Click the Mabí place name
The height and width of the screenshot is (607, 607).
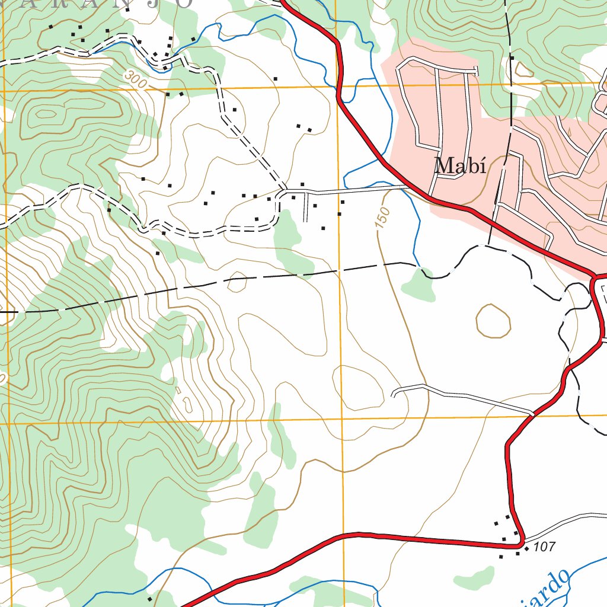(460, 166)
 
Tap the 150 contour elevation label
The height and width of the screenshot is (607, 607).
(384, 217)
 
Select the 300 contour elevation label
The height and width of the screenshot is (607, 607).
(136, 80)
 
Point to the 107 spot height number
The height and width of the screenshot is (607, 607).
(544, 547)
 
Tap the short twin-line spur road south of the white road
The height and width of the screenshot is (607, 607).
(305, 207)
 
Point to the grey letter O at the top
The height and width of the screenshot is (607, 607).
(185, 3)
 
